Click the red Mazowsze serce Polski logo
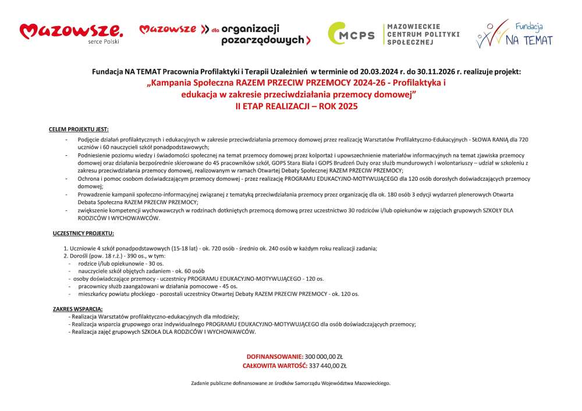click(71, 33)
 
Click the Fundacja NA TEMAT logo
click(514, 34)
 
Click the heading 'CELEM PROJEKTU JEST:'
click(79, 128)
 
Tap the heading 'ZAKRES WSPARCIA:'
click(78, 309)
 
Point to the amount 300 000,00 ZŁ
click(324, 356)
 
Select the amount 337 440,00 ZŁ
click(328, 366)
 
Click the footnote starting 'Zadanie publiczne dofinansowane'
click(291, 383)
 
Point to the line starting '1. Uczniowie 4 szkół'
click(221, 248)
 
